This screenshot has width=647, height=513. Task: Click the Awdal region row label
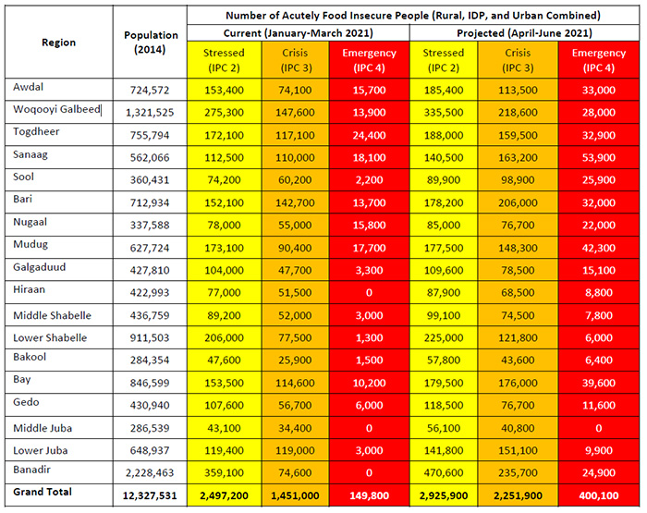click(28, 87)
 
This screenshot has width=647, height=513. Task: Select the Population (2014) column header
click(151, 43)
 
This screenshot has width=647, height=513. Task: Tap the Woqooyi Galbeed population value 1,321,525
click(150, 112)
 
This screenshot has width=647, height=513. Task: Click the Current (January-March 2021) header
click(298, 33)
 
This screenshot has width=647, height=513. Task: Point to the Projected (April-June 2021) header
click(524, 33)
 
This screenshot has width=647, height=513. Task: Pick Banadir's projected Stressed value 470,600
click(444, 472)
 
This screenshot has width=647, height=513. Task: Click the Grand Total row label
click(43, 492)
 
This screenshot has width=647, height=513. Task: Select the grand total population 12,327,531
click(150, 495)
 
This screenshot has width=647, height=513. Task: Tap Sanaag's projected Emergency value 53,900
click(598, 158)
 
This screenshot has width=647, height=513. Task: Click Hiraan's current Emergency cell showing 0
click(369, 293)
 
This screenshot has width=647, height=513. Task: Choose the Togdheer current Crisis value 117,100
click(295, 135)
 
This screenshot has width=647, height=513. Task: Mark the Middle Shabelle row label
click(52, 316)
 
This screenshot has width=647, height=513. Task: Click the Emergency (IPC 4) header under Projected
click(598, 60)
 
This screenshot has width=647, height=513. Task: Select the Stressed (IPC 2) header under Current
click(224, 60)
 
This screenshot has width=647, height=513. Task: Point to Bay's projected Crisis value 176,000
click(518, 383)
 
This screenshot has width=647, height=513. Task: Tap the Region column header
click(58, 43)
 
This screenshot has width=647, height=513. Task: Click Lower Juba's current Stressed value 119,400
click(224, 450)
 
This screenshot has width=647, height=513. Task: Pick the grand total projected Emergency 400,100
click(598, 495)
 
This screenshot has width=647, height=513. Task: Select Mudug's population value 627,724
click(150, 248)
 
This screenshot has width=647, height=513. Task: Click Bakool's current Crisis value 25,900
click(295, 360)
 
